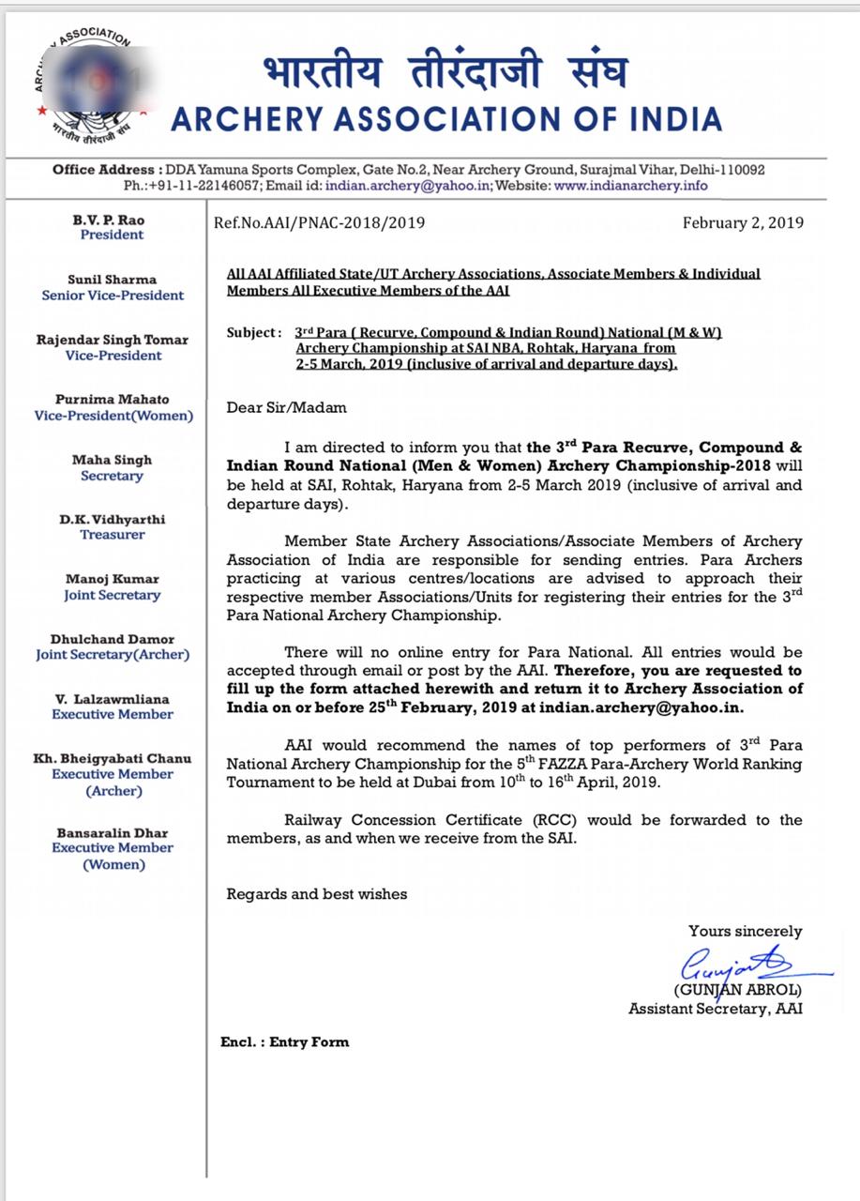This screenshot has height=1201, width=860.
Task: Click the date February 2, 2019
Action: (743, 222)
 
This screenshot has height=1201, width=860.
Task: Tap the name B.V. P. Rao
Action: (112, 220)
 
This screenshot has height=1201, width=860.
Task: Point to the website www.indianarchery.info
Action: (631, 186)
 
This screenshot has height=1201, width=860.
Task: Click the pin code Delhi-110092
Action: (722, 170)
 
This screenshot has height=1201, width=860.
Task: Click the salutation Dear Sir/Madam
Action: (287, 407)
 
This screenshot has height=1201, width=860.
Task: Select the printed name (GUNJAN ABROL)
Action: (737, 991)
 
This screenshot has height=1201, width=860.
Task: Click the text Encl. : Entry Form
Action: (284, 1041)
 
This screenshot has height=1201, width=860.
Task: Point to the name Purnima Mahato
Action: (112, 400)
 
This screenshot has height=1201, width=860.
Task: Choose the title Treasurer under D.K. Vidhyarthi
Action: (112, 535)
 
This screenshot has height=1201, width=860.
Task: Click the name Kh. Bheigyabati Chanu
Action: (113, 758)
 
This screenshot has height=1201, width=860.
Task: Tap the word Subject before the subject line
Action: (252, 333)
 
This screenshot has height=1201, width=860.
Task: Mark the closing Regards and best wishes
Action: (317, 894)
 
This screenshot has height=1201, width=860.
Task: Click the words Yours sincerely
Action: (745, 932)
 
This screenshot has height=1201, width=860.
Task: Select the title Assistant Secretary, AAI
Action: (715, 1010)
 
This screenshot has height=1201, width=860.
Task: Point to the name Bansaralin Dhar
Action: (113, 832)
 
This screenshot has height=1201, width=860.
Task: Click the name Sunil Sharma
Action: (112, 280)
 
